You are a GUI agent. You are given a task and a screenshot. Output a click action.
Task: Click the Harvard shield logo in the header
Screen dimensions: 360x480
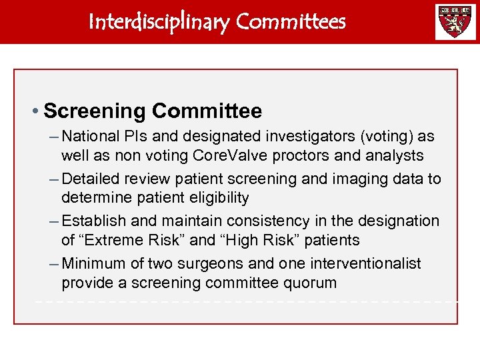click(x=456, y=22)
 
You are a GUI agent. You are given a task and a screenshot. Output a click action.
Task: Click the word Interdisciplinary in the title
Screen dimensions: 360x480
click(x=160, y=22)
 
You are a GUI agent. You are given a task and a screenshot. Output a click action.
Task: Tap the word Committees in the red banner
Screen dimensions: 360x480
click(x=291, y=22)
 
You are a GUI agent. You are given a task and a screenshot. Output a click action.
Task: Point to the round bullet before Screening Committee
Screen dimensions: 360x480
click(x=37, y=111)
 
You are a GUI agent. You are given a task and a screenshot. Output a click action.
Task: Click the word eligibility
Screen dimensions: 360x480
click(x=217, y=198)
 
